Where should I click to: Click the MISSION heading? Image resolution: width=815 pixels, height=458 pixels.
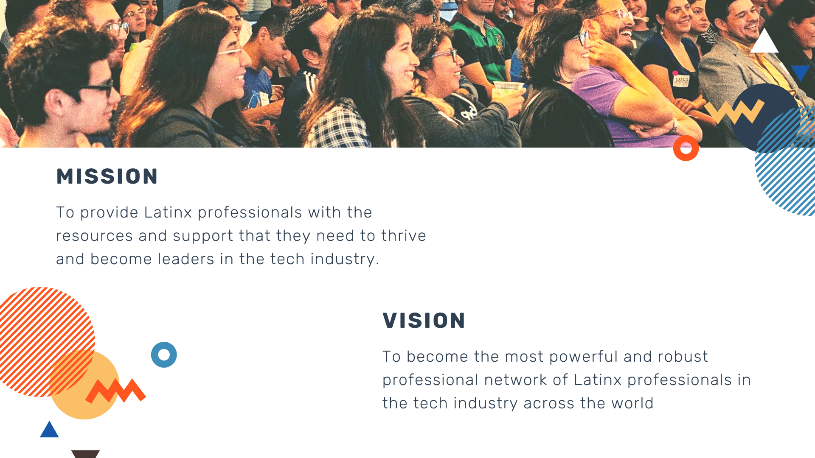[x=107, y=176]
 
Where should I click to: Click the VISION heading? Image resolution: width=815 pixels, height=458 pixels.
[x=424, y=321]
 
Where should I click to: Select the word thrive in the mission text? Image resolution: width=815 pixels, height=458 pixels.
[x=404, y=236]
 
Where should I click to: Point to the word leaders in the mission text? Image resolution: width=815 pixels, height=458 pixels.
[x=186, y=259]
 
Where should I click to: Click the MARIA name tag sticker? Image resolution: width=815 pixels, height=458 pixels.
[x=681, y=80]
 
